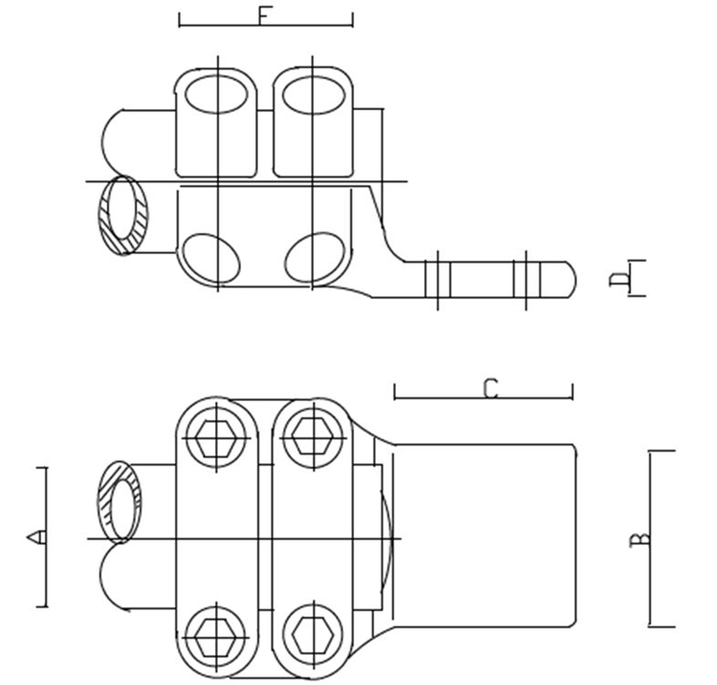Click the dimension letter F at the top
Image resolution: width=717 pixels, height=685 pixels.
click(x=265, y=16)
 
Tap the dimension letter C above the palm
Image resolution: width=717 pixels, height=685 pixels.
click(x=490, y=390)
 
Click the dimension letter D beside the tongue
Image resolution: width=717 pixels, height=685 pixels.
click(x=619, y=279)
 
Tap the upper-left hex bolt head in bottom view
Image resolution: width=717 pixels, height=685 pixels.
click(x=216, y=438)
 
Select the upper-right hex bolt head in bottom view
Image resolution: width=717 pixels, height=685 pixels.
click(x=314, y=438)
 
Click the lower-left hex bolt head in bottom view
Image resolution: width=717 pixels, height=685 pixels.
click(x=216, y=636)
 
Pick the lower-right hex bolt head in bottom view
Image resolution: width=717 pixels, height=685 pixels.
click(x=314, y=635)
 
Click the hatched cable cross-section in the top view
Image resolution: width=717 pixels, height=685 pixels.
click(x=123, y=215)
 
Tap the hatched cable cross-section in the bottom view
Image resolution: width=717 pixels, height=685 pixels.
click(x=119, y=502)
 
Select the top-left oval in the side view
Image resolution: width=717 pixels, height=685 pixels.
click(x=216, y=95)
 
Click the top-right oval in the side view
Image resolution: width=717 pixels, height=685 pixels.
click(x=314, y=95)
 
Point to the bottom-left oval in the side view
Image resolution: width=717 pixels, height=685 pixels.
click(x=211, y=259)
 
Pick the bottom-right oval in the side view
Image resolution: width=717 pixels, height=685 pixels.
click(x=315, y=258)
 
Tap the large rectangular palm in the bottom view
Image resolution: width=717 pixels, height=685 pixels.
click(x=485, y=535)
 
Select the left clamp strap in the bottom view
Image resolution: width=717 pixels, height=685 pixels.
click(x=217, y=538)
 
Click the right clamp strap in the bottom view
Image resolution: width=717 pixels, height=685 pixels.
click(x=314, y=538)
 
